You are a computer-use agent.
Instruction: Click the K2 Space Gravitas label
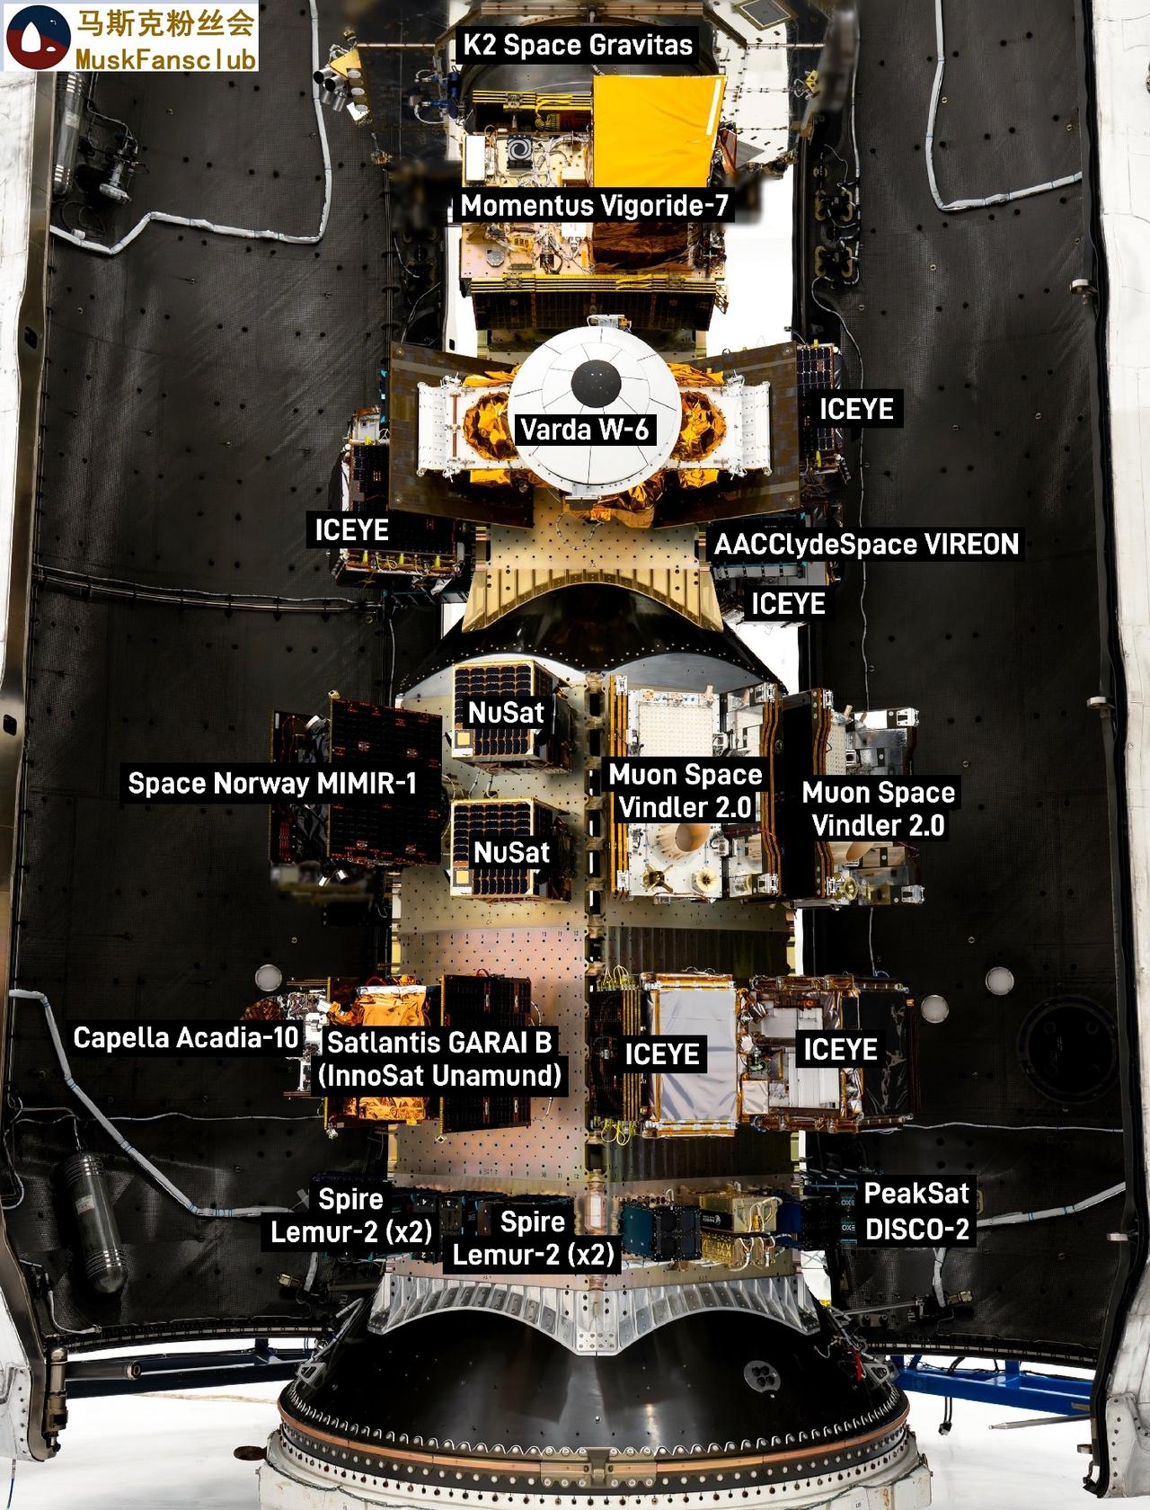[x=578, y=45]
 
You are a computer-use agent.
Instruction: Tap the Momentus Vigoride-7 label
[x=594, y=206]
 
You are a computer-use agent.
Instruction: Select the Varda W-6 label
[x=584, y=429]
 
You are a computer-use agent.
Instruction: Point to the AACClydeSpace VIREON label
[x=866, y=544]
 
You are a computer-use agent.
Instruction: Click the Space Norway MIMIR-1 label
[x=272, y=783]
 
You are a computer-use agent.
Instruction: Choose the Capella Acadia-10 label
[x=185, y=1037]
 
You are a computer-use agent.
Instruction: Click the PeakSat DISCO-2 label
[x=916, y=1211]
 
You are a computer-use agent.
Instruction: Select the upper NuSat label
[x=506, y=713]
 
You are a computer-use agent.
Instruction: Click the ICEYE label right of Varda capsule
[x=856, y=409]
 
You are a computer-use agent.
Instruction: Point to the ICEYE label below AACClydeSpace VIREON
[x=788, y=603]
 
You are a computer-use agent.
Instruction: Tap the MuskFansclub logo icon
[x=37, y=35]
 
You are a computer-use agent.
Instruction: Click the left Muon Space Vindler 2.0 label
[x=685, y=791]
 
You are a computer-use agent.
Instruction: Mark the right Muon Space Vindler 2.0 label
[x=878, y=809]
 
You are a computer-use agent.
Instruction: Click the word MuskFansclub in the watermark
[x=166, y=59]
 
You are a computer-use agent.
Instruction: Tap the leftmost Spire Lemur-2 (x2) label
[x=351, y=1214]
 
